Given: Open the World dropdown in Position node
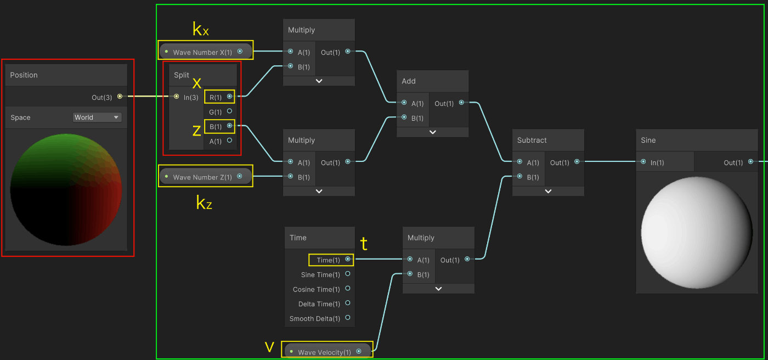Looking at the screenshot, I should [97, 117].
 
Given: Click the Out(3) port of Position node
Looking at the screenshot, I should [120, 97].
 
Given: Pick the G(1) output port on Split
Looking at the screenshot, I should [229, 111].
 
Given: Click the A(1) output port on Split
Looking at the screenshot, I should [229, 140].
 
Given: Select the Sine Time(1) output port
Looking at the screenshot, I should [347, 274].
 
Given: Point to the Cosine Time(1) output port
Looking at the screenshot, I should [347, 289].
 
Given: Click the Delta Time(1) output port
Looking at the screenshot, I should [347, 303].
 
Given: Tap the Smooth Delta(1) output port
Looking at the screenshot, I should [347, 318].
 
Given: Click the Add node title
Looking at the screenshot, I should [409, 81].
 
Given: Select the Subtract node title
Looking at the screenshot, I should [532, 140].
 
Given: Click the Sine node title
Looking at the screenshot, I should [648, 140].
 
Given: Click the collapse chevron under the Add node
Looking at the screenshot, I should [432, 132].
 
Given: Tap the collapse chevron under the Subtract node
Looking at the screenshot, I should [547, 191].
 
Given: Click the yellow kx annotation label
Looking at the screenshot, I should [200, 29].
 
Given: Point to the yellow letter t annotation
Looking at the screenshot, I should [363, 243].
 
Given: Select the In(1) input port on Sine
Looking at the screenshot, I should [643, 162].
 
